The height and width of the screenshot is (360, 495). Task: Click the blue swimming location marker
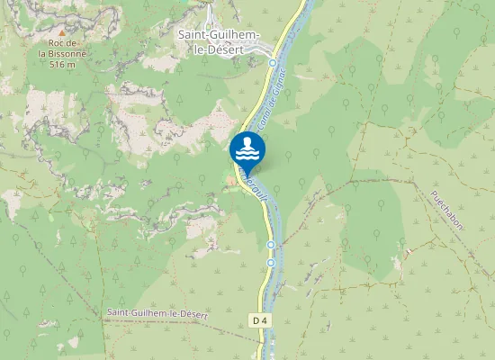coord(247,150)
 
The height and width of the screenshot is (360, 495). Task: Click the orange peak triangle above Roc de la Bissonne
coord(62,31)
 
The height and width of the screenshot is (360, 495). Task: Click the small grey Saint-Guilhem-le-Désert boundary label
coord(157,313)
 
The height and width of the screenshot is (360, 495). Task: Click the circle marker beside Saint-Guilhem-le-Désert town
coord(273,63)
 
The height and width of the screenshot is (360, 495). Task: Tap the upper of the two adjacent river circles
coord(271,244)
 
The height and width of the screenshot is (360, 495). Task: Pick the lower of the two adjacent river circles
coord(271,263)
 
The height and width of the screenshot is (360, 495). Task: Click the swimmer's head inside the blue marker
coord(247,141)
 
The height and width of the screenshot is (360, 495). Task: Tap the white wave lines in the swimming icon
coord(247,155)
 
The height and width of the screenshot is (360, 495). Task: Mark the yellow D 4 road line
coord(264,288)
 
